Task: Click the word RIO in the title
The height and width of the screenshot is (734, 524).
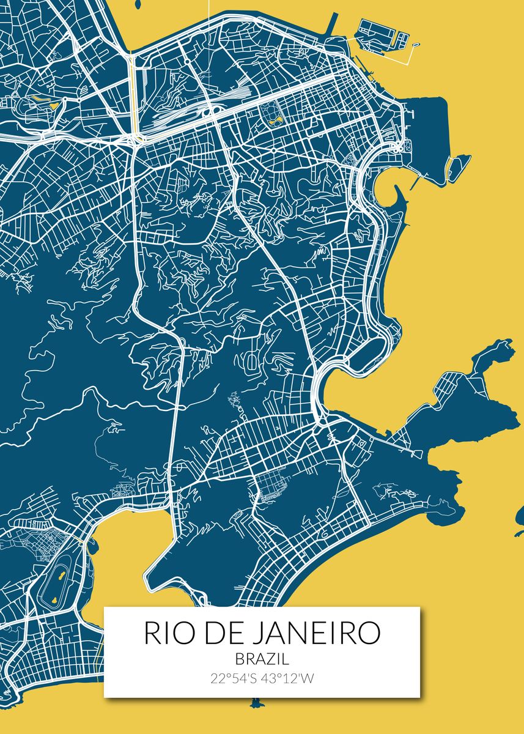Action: [x=168, y=633]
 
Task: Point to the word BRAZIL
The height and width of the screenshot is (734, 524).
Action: [x=262, y=659]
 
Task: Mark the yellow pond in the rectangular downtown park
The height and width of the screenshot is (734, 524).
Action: [x=270, y=113]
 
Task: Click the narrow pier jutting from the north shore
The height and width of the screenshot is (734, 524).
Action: [x=333, y=24]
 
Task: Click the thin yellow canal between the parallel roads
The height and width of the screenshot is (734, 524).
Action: [x=133, y=92]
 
